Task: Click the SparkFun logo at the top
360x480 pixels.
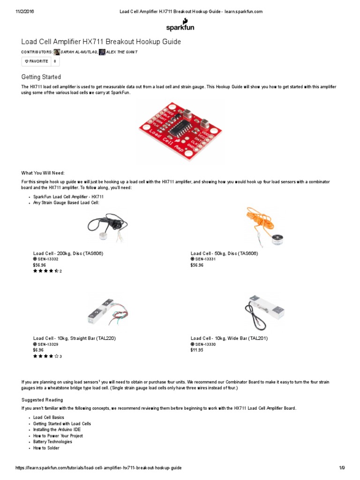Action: (180, 24)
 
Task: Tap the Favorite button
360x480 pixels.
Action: (36, 61)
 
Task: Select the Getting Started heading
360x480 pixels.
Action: (41, 77)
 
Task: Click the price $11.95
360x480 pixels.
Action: (197, 350)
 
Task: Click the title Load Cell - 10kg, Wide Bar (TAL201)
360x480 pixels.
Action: (229, 338)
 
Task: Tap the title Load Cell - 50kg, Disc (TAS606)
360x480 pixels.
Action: (225, 253)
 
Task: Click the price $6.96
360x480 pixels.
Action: (38, 350)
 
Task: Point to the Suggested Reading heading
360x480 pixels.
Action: (42, 400)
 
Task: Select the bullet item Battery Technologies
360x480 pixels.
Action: (52, 442)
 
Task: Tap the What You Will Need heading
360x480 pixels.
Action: (46, 172)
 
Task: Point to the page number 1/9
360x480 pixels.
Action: (342, 468)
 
